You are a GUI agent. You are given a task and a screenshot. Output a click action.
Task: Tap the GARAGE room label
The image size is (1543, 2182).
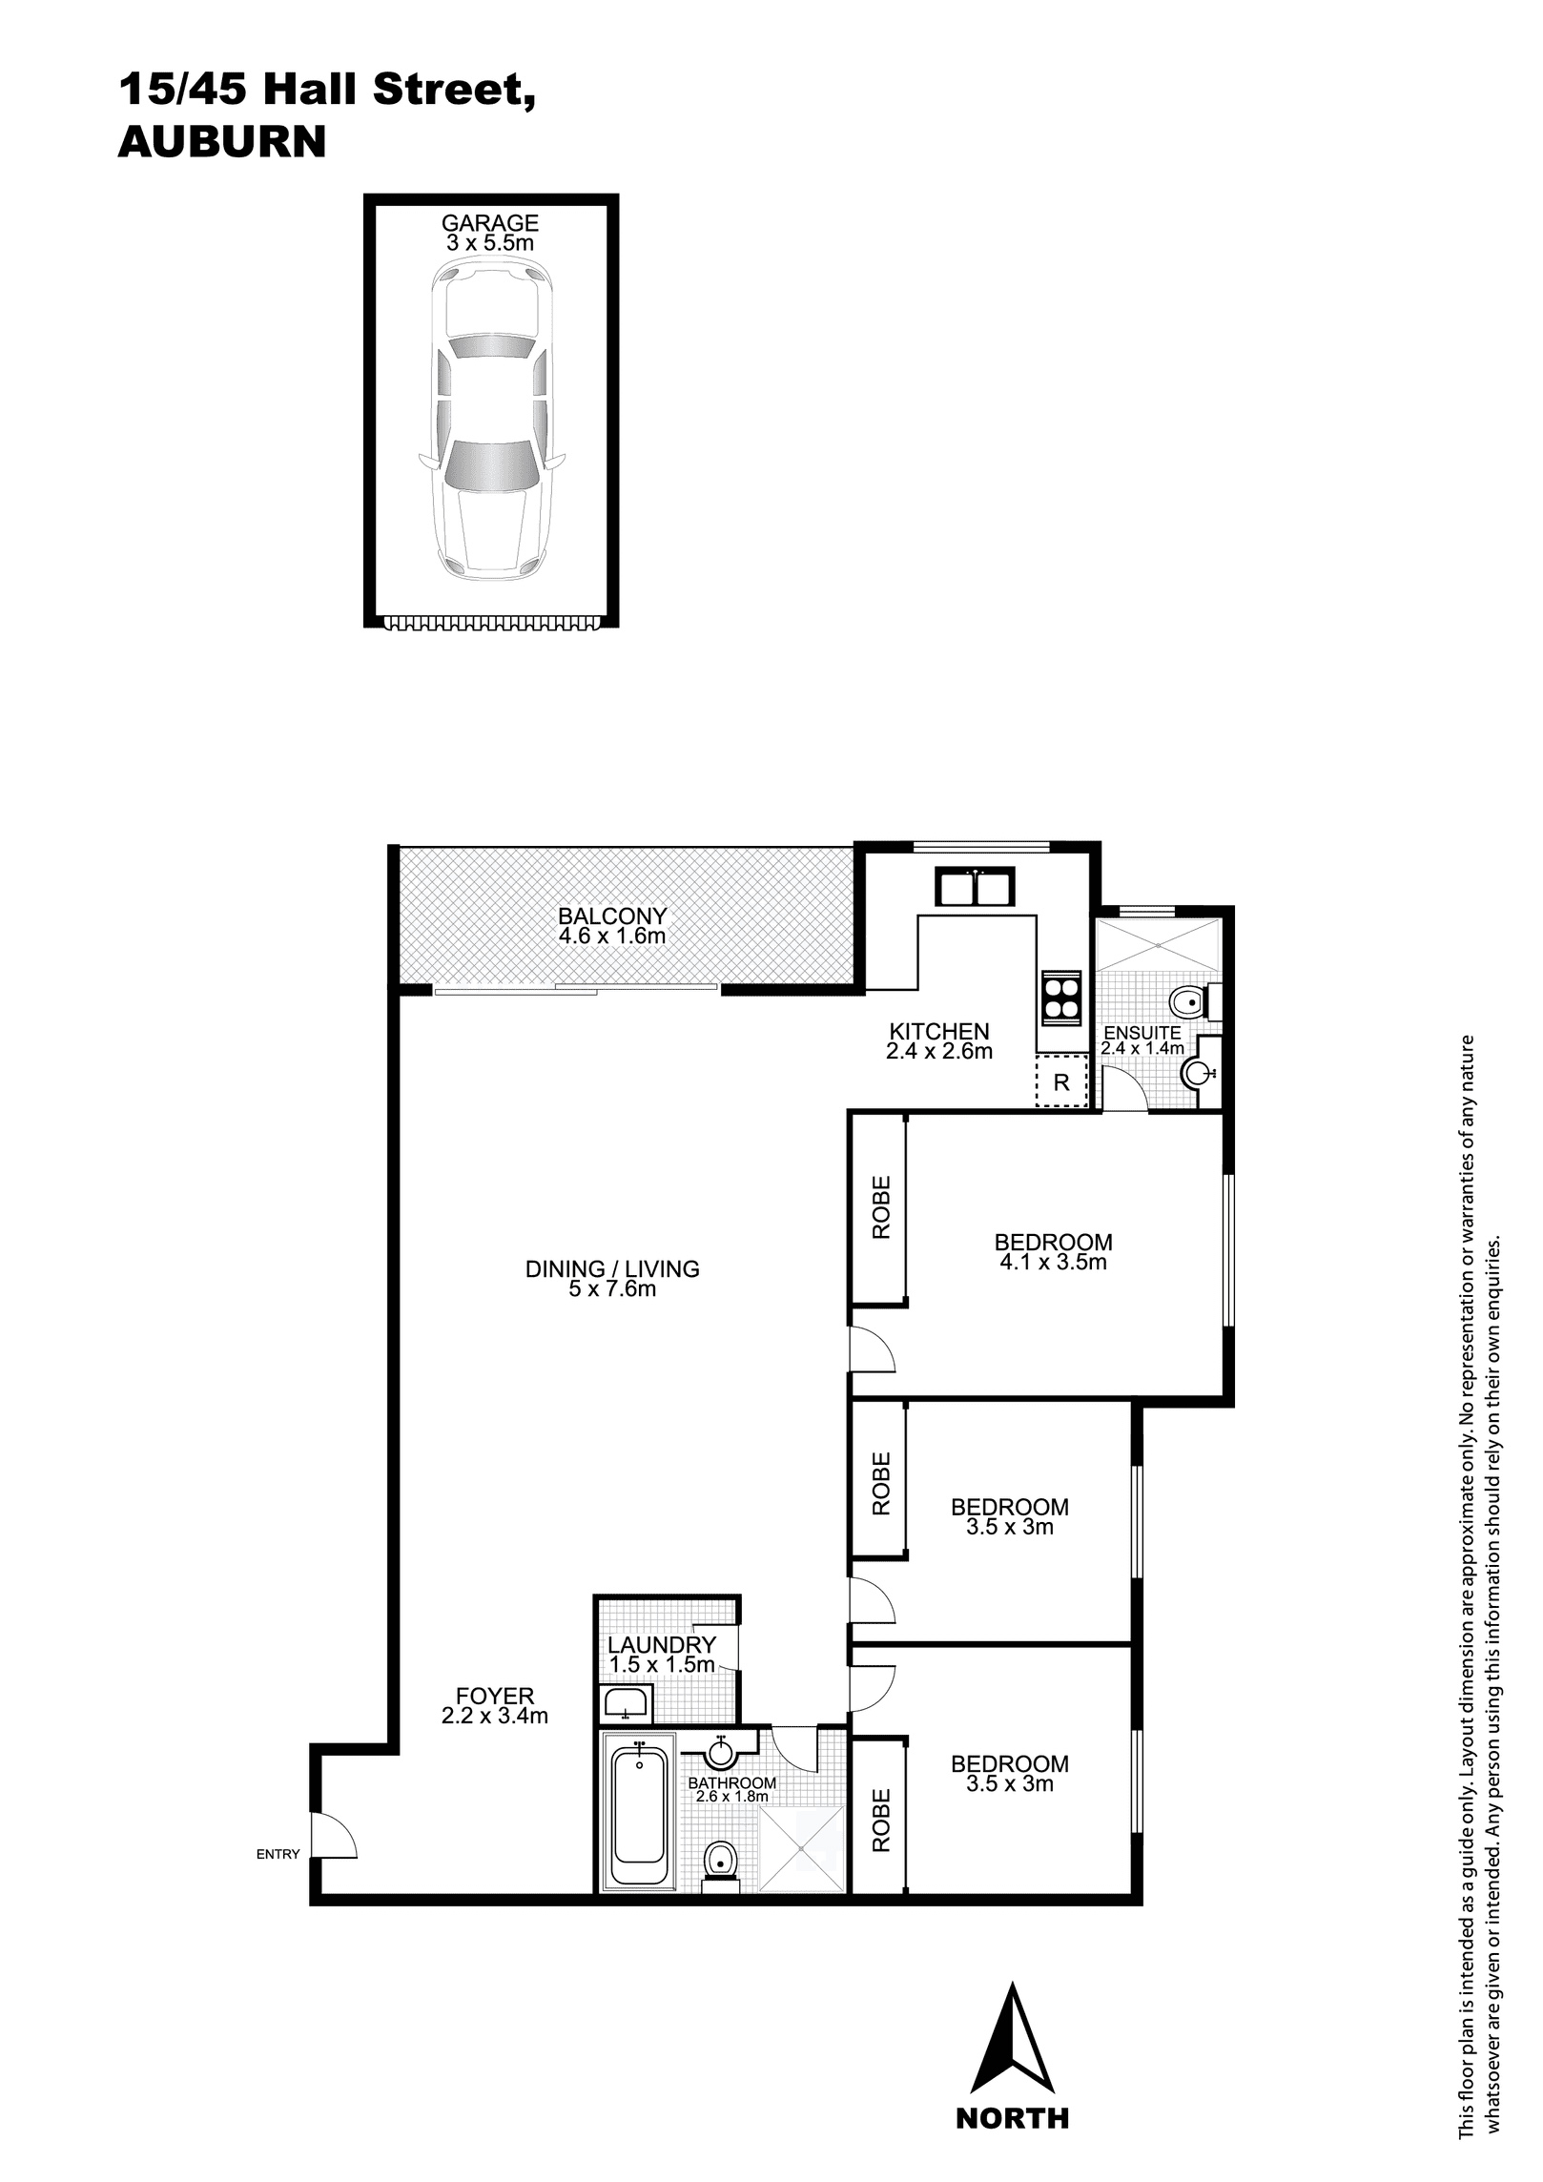(x=490, y=223)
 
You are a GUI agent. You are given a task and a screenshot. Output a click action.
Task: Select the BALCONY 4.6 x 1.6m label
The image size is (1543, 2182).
(x=612, y=926)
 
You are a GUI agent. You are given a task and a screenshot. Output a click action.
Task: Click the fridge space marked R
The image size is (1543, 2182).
(x=1061, y=1081)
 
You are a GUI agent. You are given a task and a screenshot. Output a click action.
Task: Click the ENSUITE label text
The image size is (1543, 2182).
(x=1142, y=1033)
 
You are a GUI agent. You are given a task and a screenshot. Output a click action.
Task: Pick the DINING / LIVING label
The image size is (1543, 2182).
(x=612, y=1268)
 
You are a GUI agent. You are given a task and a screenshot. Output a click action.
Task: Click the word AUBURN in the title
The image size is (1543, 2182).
(x=222, y=142)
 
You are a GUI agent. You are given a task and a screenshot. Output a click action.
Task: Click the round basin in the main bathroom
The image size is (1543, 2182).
(x=721, y=1752)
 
